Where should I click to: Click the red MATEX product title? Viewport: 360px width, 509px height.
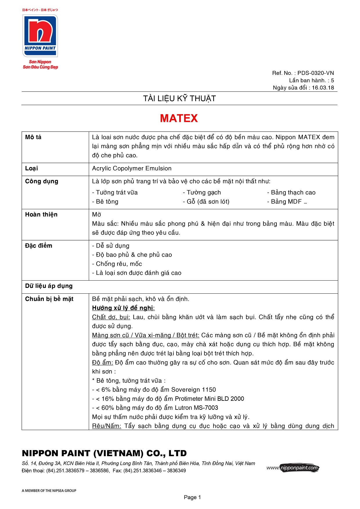[x=179, y=118]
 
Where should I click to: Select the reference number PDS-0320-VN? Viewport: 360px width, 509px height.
[x=316, y=73]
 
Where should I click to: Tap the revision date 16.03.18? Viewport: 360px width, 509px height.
[x=323, y=88]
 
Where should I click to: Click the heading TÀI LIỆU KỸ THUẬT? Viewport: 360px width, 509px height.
[x=179, y=99]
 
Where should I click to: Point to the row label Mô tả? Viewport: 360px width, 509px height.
[x=33, y=137]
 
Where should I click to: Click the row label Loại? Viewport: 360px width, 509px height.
[x=31, y=169]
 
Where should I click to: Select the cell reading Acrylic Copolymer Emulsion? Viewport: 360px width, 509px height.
[x=132, y=169]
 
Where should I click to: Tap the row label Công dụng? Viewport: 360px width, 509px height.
[x=41, y=181]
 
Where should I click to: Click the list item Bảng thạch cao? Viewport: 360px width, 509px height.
[x=293, y=193]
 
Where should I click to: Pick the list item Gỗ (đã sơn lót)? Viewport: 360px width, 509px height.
[x=208, y=202]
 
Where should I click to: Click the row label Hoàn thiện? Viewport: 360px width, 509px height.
[x=41, y=215]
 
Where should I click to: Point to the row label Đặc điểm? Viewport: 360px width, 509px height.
[x=39, y=246]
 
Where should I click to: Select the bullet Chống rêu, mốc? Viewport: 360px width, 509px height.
[x=119, y=264]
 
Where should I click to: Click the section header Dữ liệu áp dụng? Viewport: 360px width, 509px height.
[x=49, y=286]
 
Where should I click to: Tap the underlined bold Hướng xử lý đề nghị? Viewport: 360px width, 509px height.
[x=123, y=308]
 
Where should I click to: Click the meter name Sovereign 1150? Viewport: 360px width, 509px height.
[x=193, y=390]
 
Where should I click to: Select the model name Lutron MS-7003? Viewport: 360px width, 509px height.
[x=196, y=408]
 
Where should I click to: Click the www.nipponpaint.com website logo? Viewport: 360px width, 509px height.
[x=293, y=468]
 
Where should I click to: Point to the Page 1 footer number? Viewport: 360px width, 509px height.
[x=192, y=497]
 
